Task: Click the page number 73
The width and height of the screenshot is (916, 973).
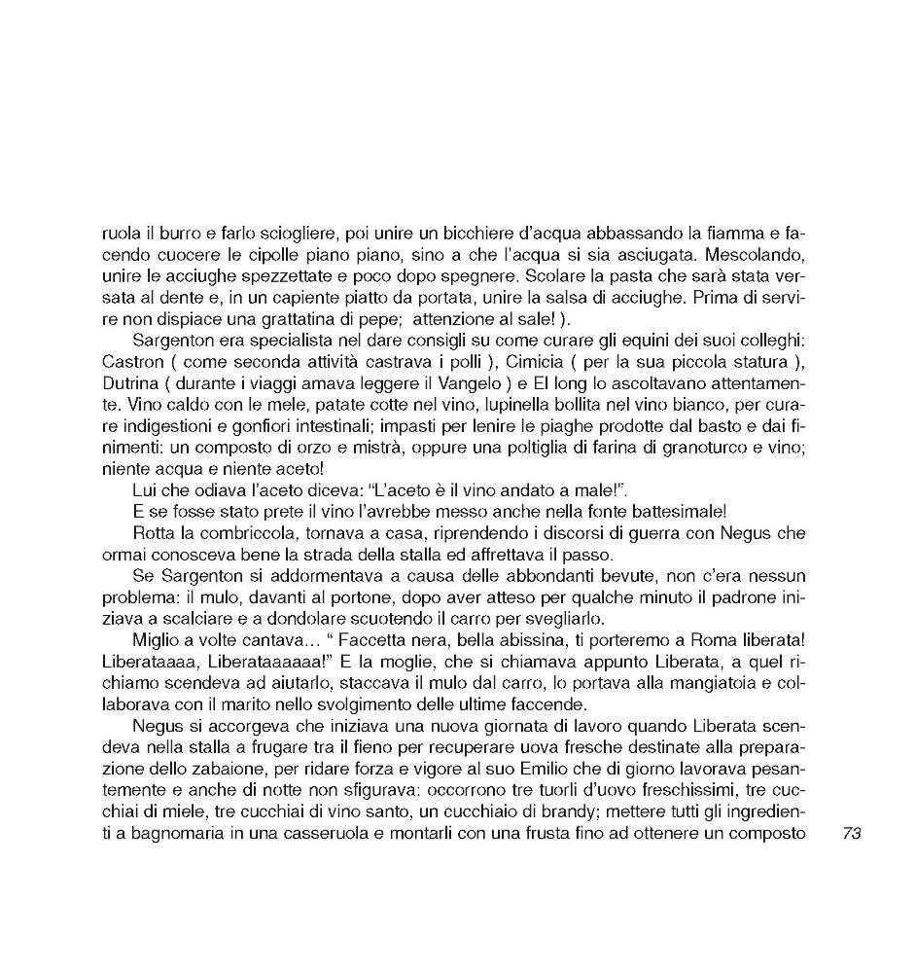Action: tap(852, 834)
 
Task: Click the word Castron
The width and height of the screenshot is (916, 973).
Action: tap(131, 361)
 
